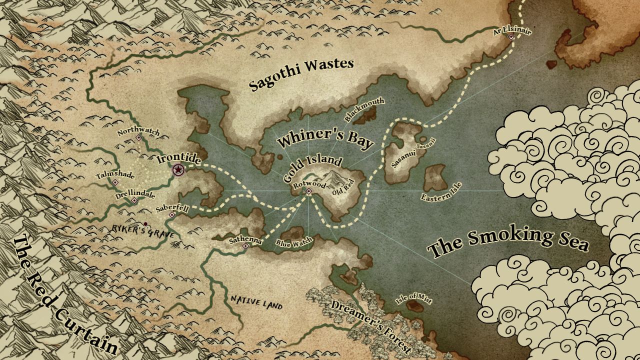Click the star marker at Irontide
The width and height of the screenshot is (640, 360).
(178, 170)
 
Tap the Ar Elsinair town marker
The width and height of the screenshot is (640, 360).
(511, 37)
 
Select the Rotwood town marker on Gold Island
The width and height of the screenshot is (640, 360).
(309, 191)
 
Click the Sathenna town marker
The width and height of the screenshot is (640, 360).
(245, 246)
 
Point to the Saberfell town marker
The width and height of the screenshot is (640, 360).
(172, 214)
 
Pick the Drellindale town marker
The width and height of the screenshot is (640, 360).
(134, 200)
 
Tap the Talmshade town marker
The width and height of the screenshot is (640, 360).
(115, 182)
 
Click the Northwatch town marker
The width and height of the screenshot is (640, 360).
(139, 137)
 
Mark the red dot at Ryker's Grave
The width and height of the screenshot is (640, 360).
(145, 224)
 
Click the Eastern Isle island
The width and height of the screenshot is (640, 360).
(435, 177)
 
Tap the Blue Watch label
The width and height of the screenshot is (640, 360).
(294, 243)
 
